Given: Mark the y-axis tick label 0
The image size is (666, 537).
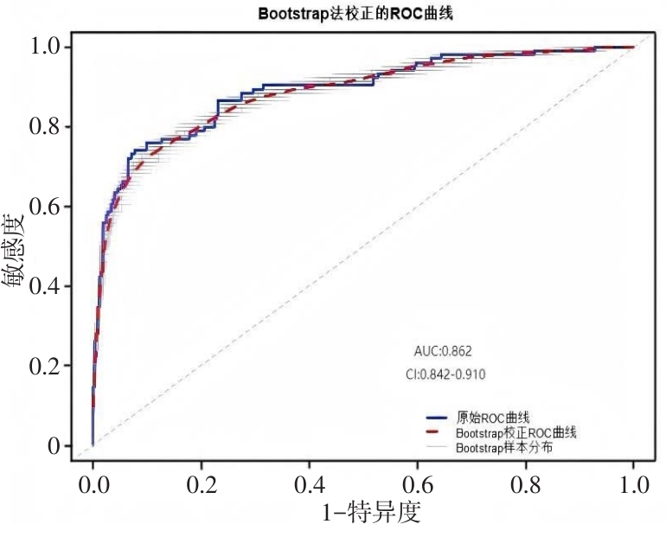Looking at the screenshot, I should (x=56, y=446).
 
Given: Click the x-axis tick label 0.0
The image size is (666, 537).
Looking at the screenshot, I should (x=93, y=483).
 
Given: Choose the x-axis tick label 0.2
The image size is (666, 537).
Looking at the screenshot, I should (x=201, y=483).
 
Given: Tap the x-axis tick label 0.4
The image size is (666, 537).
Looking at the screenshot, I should (x=309, y=483).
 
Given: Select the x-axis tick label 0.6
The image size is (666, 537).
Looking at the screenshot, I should (x=417, y=483).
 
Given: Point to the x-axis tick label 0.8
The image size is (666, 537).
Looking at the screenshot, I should (x=525, y=483).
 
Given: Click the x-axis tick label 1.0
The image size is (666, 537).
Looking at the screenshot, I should (x=633, y=483).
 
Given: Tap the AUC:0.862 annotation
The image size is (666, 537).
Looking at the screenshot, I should (x=443, y=351).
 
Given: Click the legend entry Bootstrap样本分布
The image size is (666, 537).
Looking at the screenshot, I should (x=503, y=447).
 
